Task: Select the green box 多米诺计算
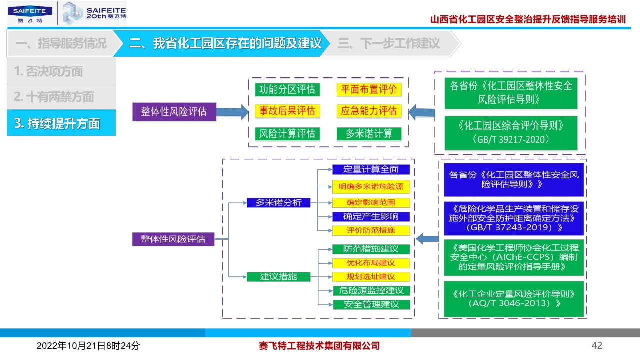369,133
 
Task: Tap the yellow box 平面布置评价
369,90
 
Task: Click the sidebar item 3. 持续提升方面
61,123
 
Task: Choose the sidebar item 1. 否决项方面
61,71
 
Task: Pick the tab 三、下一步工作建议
389,43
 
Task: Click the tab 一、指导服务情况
61,43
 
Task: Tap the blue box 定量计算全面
371,169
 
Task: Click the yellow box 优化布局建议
371,263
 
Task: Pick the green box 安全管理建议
371,304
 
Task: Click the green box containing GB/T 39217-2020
511,133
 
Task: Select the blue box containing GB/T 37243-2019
514,218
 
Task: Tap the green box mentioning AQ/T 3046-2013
514,298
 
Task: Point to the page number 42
597,346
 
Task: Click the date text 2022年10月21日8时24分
88,346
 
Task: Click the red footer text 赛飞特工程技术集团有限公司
320,346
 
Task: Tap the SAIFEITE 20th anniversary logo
94,13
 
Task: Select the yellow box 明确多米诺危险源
371,187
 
